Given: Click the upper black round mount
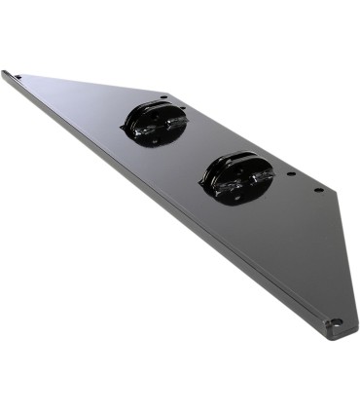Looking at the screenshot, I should click(x=155, y=124).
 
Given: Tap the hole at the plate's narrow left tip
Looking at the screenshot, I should click(x=18, y=77).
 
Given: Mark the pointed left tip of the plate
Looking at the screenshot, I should click(x=4, y=72).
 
